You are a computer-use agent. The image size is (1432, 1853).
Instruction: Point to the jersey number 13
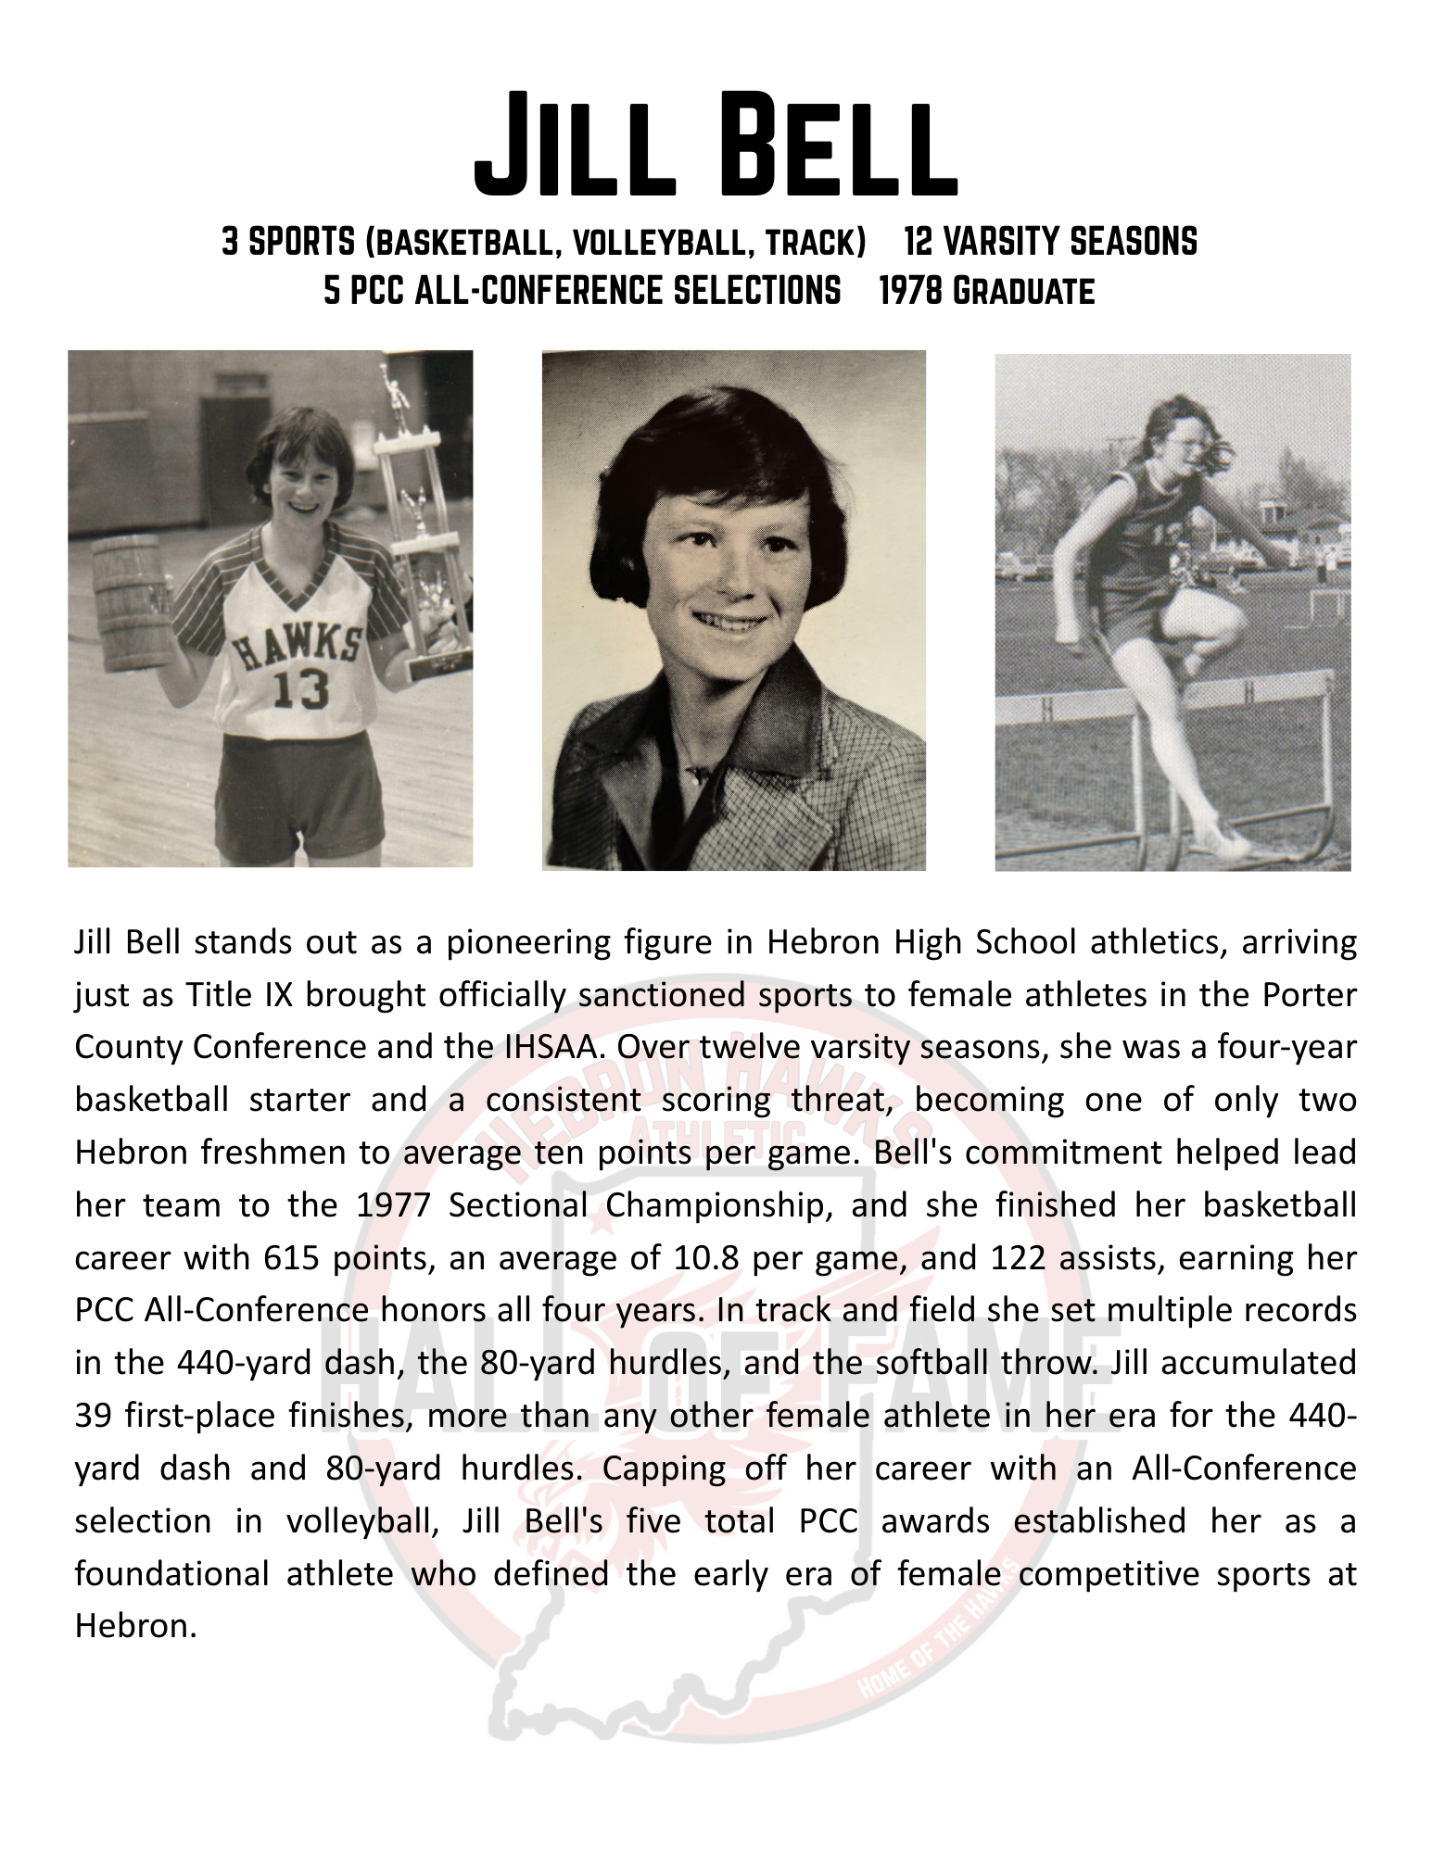[x=299, y=687]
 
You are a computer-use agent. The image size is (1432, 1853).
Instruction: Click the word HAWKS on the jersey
[x=297, y=644]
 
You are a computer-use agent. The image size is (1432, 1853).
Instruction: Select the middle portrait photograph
[x=733, y=610]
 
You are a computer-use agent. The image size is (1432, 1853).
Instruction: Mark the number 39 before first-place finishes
[x=94, y=1415]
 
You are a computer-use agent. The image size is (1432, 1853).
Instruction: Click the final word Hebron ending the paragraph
[x=135, y=1626]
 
